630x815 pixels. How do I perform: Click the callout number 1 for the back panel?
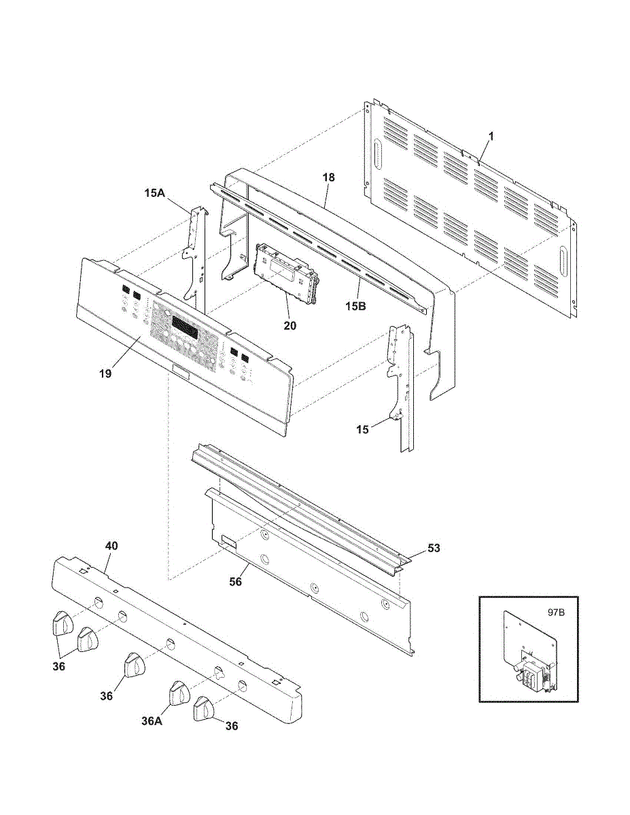pyautogui.click(x=491, y=137)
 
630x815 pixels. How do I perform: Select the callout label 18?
pyautogui.click(x=328, y=177)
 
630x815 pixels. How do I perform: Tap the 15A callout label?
pyautogui.click(x=154, y=194)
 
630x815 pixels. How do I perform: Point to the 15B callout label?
pyautogui.click(x=355, y=306)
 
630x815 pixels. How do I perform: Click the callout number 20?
pyautogui.click(x=290, y=325)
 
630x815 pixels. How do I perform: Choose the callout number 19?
pyautogui.click(x=105, y=374)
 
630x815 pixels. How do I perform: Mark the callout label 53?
pyautogui.click(x=434, y=548)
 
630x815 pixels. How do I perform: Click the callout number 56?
pyautogui.click(x=236, y=582)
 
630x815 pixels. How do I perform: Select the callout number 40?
pyautogui.click(x=111, y=545)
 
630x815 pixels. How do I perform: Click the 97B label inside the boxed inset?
pyautogui.click(x=556, y=613)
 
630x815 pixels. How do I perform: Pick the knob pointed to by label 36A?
pyautogui.click(x=179, y=693)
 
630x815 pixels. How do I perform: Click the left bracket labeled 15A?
pyautogui.click(x=196, y=259)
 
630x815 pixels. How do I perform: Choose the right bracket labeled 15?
pyautogui.click(x=402, y=388)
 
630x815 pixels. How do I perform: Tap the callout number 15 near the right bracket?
pyautogui.click(x=362, y=429)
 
